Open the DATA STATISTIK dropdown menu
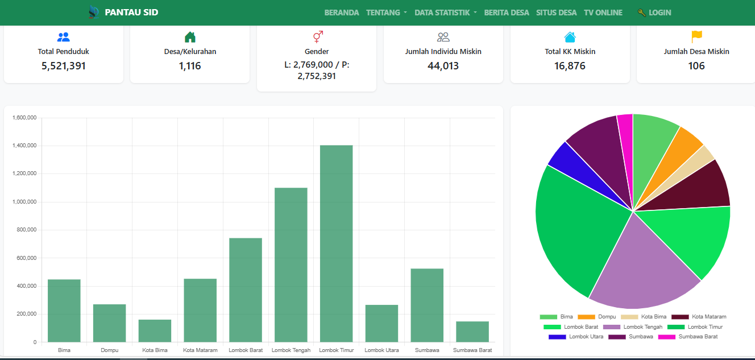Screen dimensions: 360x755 [445, 13]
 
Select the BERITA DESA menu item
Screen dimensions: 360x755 [507, 13]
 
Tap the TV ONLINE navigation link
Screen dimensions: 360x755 [603, 13]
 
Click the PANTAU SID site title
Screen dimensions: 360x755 [131, 13]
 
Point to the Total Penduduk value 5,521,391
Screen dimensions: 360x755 [64, 66]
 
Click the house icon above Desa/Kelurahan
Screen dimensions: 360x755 [190, 38]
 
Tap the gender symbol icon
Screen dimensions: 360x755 [317, 37]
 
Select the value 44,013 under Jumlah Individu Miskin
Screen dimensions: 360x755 [443, 66]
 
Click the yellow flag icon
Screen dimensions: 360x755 [696, 37]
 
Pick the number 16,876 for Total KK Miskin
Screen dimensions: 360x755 [570, 66]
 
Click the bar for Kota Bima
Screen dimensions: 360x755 [155, 330]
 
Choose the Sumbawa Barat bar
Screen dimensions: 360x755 [472, 332]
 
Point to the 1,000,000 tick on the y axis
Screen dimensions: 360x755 [24, 202]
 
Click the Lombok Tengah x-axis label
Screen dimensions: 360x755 [291, 350]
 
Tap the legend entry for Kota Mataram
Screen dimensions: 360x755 [699, 317]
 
